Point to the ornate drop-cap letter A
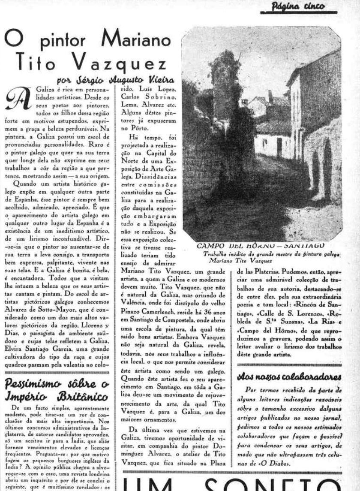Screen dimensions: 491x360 [16, 97]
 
